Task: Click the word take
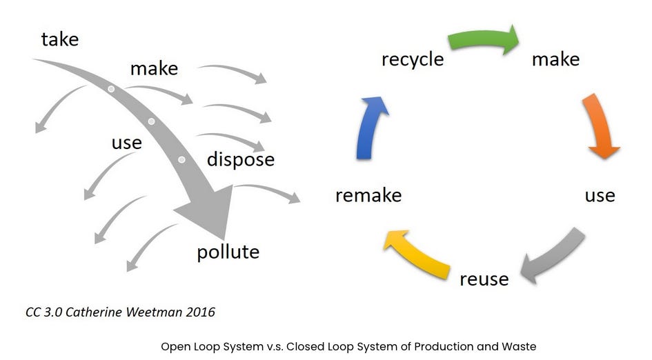pos(60,39)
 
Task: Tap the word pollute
pos(228,252)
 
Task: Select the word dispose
pos(241,159)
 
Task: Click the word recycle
pos(413,59)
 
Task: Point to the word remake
pos(368,195)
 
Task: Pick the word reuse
pos(484,279)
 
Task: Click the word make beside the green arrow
pos(555,59)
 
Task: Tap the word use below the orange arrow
pos(600,196)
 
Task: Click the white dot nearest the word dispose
pos(181,159)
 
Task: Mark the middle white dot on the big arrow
pos(151,121)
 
